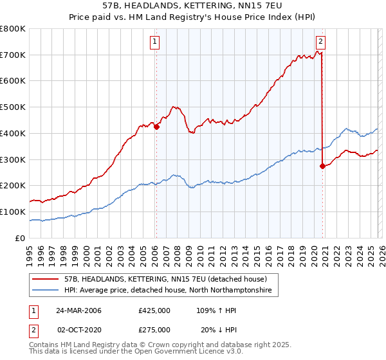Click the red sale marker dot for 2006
[x=156, y=127]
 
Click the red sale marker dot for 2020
[x=322, y=166]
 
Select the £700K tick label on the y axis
[x=13, y=55]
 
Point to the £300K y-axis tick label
[x=13, y=159]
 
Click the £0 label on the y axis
[x=21, y=238]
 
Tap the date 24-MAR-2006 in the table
[x=78, y=310]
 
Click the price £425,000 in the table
[x=154, y=310]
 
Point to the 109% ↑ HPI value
[x=216, y=310]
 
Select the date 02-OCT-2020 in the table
[x=78, y=329]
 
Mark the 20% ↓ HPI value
[x=216, y=329]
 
